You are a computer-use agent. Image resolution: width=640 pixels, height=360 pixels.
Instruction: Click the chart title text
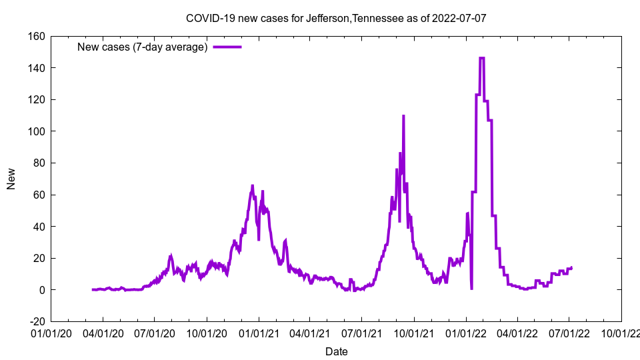tap(336, 17)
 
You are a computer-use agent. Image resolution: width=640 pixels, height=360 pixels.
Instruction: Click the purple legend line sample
tap(227, 47)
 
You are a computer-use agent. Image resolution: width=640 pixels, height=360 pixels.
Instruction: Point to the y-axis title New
tap(11, 179)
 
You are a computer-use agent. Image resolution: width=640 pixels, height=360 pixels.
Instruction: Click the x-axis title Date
tap(336, 351)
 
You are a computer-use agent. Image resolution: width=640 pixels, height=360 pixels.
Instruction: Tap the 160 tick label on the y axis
tap(35, 36)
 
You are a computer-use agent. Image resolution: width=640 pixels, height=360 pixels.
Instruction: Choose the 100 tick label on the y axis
tap(35, 131)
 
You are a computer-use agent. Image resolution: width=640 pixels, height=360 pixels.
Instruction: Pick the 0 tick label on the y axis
tap(41, 290)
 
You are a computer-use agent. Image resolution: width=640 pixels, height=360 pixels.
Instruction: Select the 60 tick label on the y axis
tap(38, 195)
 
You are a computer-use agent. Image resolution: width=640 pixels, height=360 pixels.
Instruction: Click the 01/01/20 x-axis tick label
tap(51, 333)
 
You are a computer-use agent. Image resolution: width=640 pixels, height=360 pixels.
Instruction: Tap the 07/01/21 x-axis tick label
tap(362, 333)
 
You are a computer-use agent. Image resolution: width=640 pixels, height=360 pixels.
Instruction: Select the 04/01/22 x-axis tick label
tap(517, 333)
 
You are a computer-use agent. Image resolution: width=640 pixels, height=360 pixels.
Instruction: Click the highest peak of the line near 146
tap(482, 58)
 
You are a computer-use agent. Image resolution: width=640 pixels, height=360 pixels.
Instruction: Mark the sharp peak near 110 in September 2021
tap(403, 116)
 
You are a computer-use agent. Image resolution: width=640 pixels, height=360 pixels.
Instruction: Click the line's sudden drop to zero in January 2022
tap(471, 289)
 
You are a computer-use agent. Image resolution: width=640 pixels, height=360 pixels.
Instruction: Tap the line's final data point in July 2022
tap(571, 267)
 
